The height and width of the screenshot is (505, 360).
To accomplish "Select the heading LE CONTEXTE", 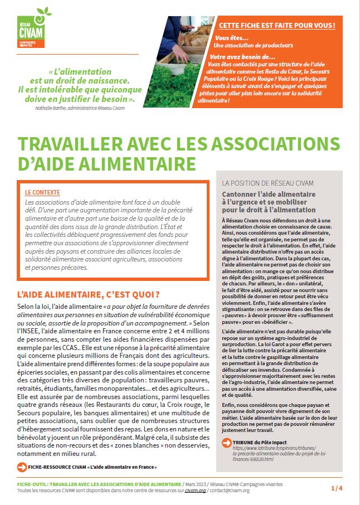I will pos(43,192).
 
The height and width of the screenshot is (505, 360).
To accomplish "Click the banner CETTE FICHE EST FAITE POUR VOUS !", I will pos(277,26).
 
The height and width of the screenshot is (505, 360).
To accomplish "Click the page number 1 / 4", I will pos(337,488).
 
